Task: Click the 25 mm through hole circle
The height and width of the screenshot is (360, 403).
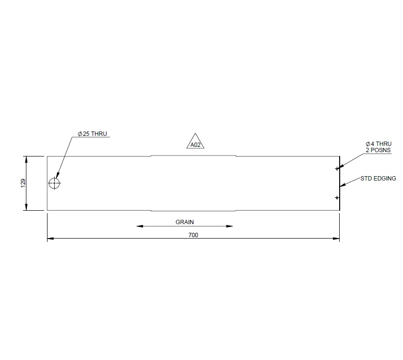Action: (55, 183)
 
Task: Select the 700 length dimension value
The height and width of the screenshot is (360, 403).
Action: (193, 235)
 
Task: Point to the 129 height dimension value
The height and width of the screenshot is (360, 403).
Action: (23, 183)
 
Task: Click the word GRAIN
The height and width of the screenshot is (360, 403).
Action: (185, 222)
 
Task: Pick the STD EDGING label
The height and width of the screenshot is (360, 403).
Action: (378, 179)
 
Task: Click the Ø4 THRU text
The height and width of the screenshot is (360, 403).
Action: (378, 144)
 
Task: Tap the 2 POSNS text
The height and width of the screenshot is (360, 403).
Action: (378, 150)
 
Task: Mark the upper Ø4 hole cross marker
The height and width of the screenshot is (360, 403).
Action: (337, 168)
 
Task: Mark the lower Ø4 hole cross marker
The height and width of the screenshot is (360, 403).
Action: (337, 198)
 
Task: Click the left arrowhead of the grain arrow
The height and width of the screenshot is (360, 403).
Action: (139, 226)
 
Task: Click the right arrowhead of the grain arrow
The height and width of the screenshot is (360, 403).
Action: (231, 226)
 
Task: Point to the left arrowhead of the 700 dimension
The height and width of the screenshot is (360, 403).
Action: (49, 238)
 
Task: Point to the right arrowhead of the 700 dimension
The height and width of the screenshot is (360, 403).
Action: (338, 238)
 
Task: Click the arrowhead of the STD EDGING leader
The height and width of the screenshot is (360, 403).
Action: (341, 186)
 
